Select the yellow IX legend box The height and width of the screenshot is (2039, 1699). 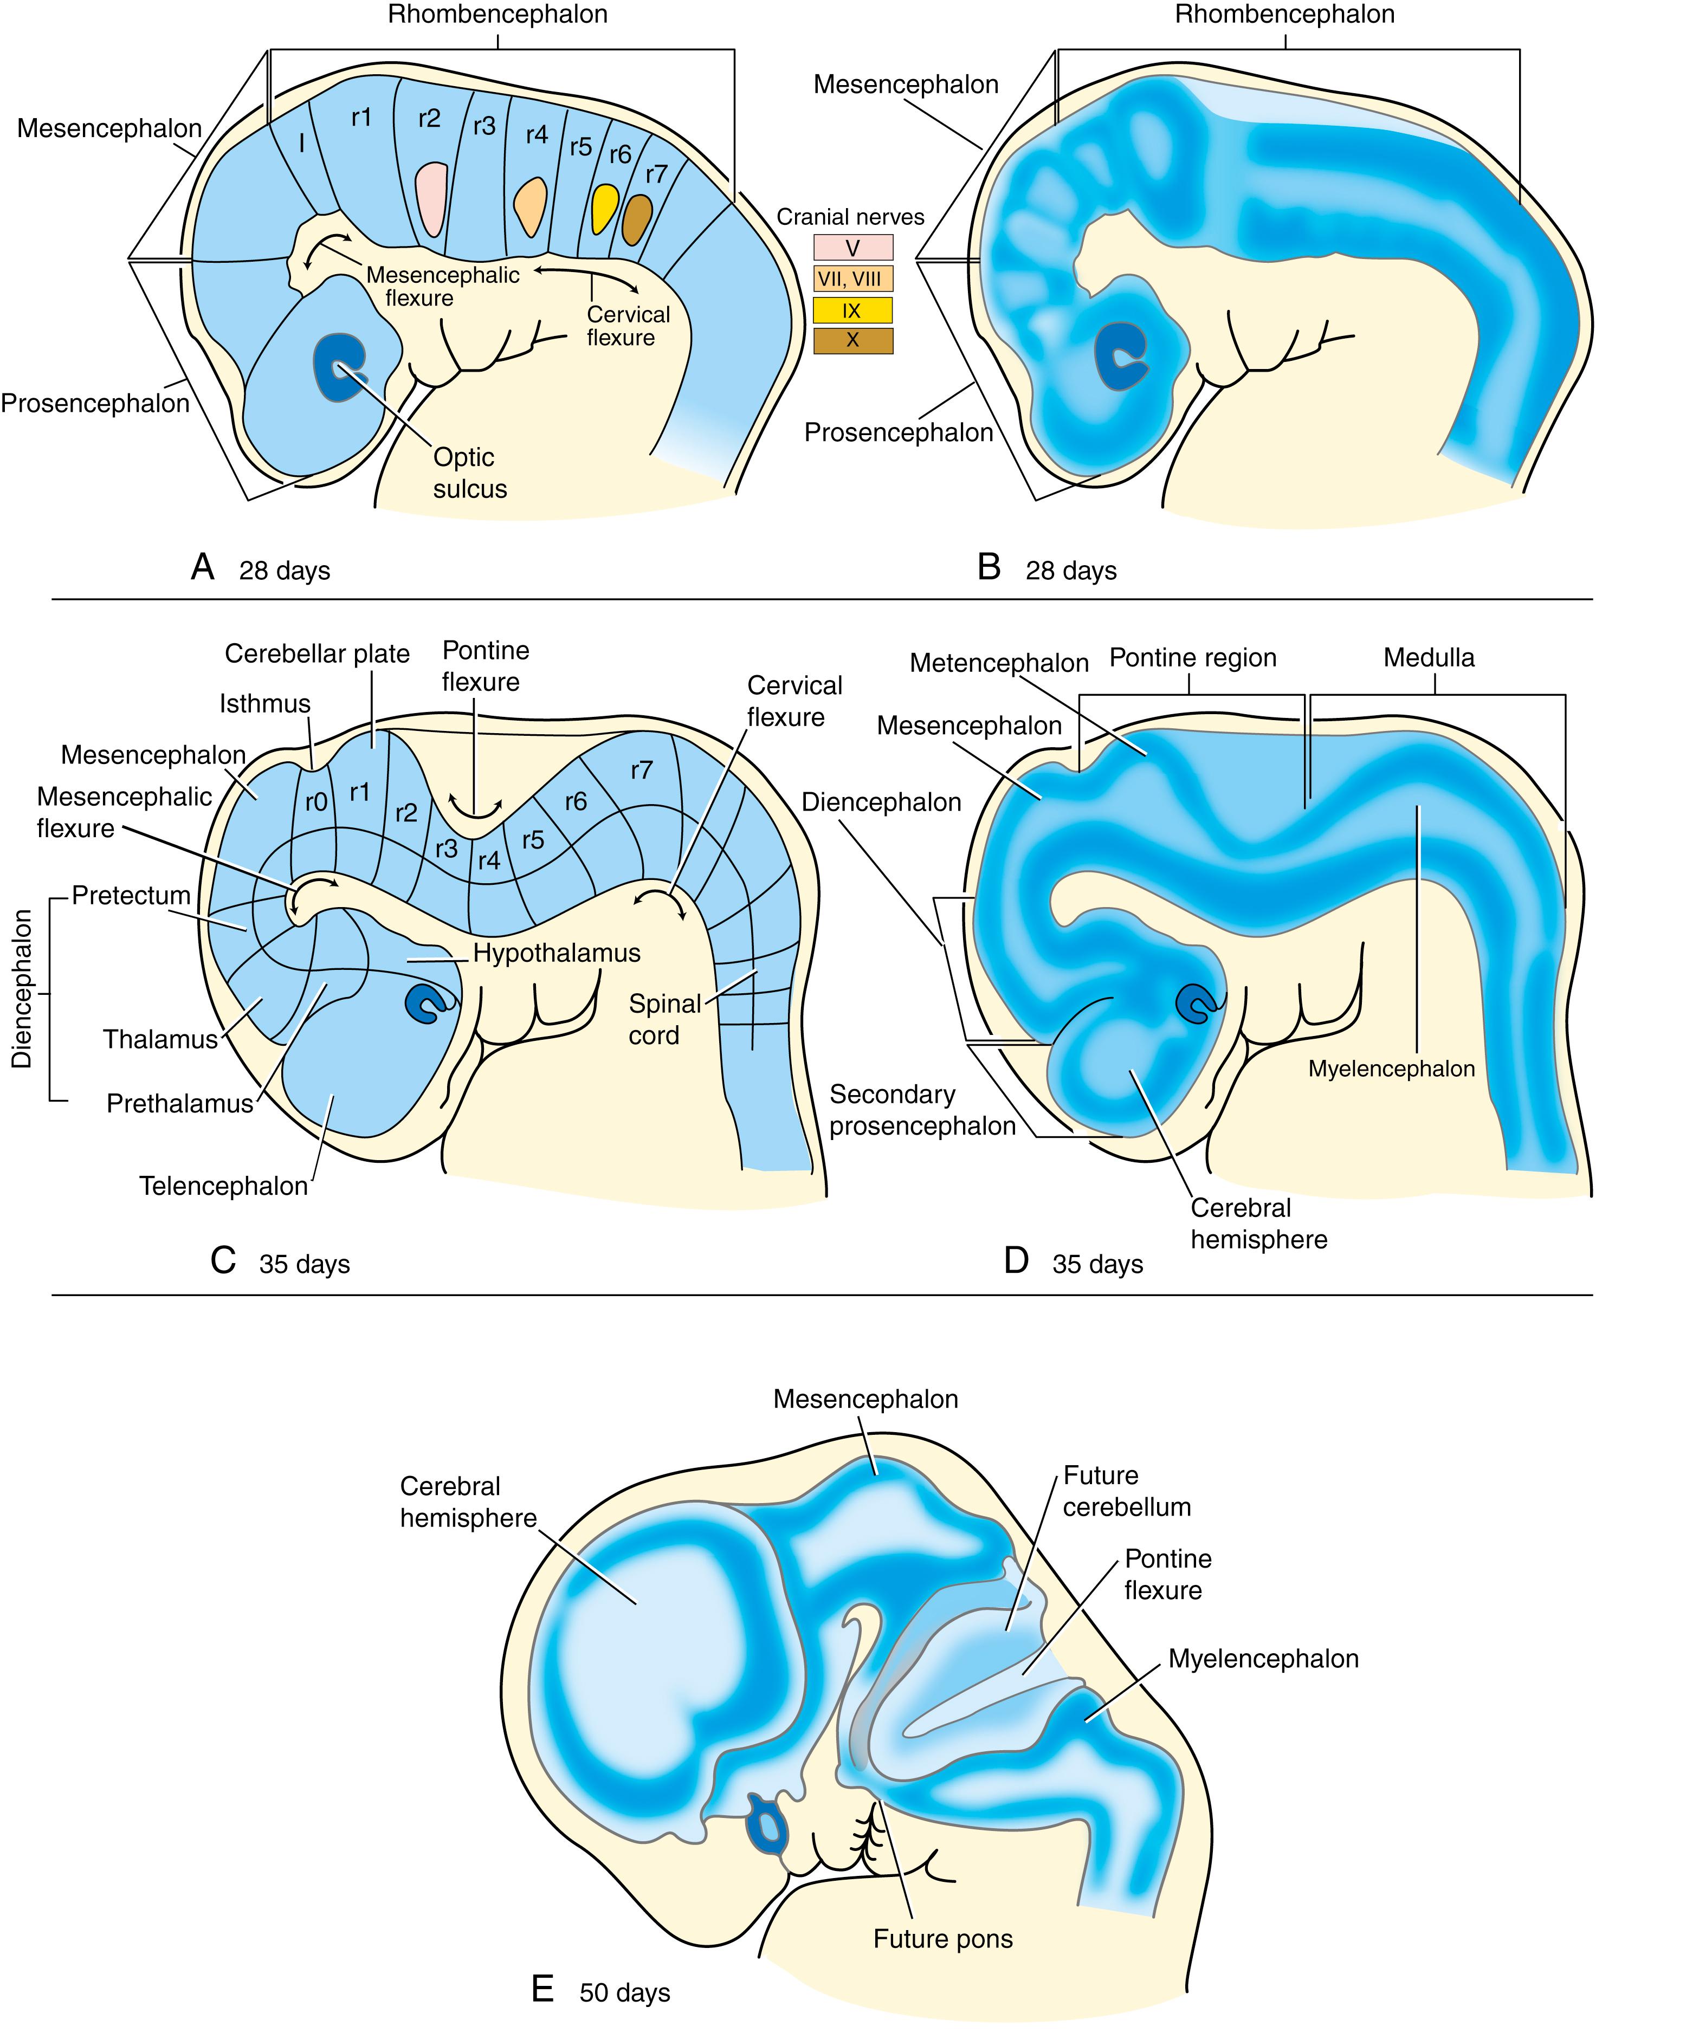click(x=852, y=310)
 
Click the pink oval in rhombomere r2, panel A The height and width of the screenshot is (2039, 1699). click(x=430, y=198)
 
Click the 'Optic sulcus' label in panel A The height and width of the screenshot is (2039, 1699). click(x=470, y=473)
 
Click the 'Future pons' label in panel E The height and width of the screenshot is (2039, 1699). click(x=942, y=1939)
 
